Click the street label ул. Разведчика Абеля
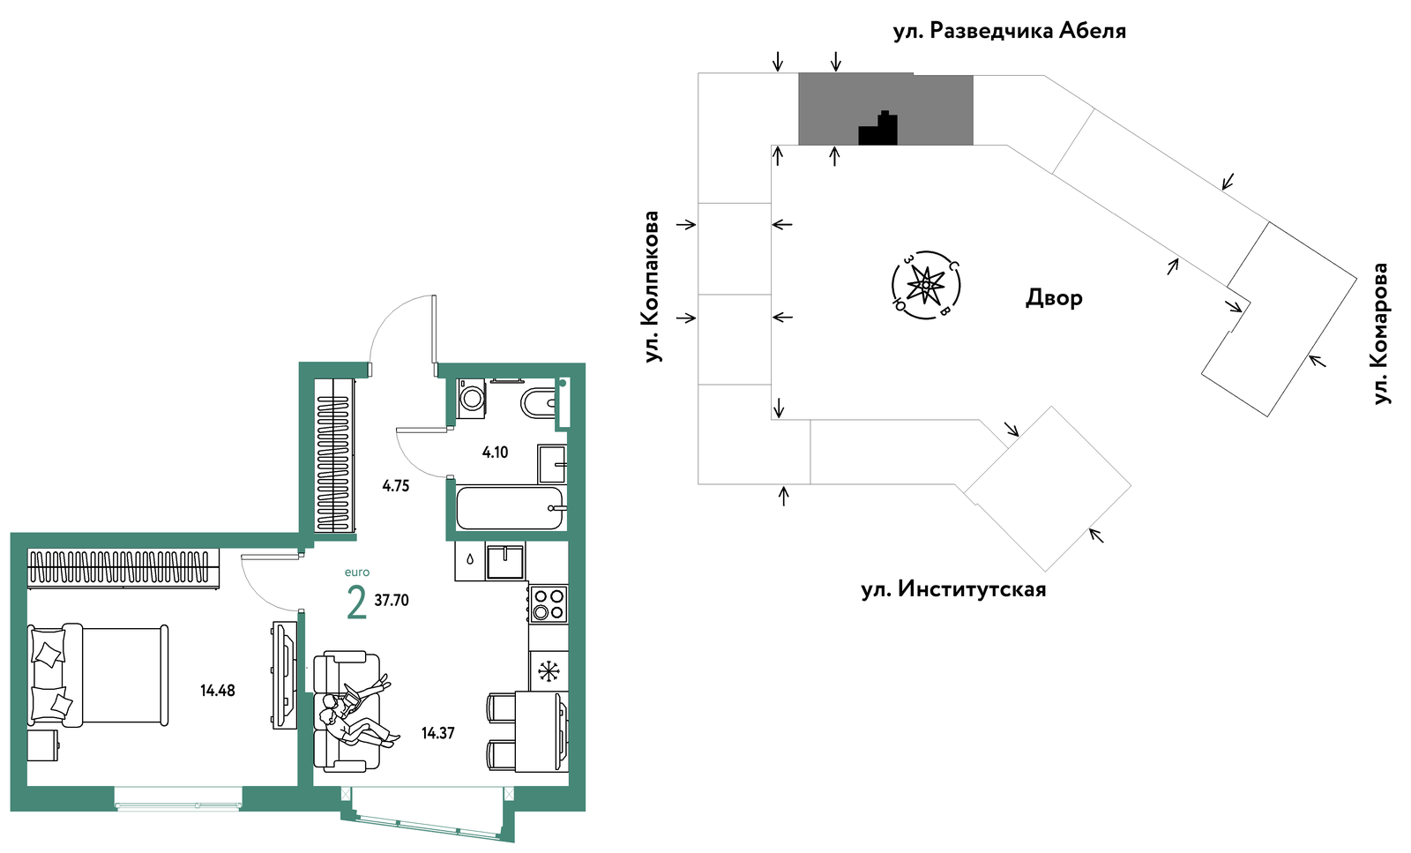[1009, 31]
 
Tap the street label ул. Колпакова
[652, 287]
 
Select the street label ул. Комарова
[1380, 333]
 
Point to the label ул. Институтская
[953, 589]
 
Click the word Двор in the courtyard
[1054, 297]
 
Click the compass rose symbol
[926, 286]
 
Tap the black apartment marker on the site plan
[878, 128]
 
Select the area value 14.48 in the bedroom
[217, 691]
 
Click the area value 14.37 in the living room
[437, 733]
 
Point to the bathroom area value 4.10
[495, 452]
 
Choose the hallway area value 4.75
[396, 486]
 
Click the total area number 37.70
[392, 601]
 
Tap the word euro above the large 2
[356, 572]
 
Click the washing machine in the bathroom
[471, 398]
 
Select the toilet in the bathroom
[539, 403]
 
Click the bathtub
[510, 508]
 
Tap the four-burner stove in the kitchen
[548, 603]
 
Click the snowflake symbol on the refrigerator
[549, 671]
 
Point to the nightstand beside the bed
[43, 745]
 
